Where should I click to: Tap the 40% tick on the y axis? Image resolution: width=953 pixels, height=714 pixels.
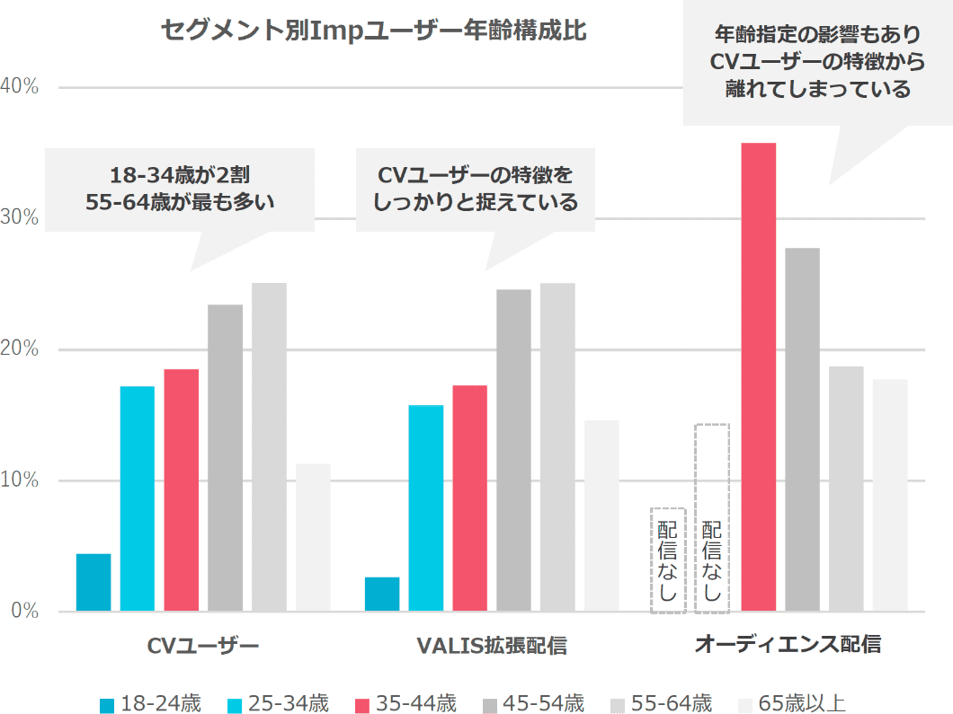[x=19, y=86]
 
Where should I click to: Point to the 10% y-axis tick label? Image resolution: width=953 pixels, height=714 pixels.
[x=19, y=480]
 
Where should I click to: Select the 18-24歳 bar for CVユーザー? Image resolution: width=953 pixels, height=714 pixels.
[x=94, y=583]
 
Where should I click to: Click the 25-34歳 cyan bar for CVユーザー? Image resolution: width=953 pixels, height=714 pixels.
[x=138, y=498]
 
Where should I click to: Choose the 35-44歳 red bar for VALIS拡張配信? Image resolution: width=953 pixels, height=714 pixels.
[x=469, y=498]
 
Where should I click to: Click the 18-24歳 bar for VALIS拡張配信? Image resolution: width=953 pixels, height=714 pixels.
[x=382, y=594]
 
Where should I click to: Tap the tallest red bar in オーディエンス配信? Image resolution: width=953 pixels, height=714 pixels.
[x=758, y=377]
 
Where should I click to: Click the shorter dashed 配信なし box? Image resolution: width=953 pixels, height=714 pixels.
[x=668, y=560]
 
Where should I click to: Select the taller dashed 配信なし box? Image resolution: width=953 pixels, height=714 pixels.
[x=712, y=519]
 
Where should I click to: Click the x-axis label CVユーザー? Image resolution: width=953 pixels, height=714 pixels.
[x=203, y=646]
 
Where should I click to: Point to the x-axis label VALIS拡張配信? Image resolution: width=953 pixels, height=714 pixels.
[x=492, y=646]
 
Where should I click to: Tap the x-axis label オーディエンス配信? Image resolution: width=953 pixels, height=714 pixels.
[x=788, y=644]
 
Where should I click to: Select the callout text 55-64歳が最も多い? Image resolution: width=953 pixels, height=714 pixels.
[x=180, y=202]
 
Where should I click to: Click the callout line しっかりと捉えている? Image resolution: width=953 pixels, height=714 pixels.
[x=475, y=202]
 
